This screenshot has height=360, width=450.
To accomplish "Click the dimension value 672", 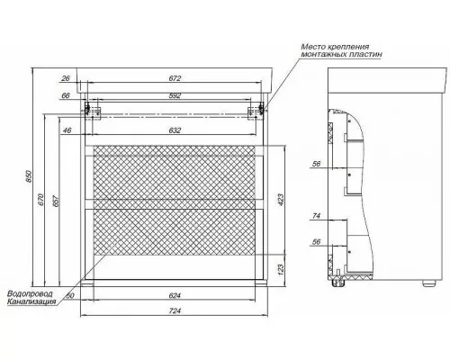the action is click(x=175, y=78).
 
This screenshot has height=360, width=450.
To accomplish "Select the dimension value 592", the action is click(x=175, y=95).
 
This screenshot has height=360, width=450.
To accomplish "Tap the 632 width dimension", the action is click(x=175, y=130).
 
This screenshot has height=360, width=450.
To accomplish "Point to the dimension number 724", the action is click(x=175, y=310).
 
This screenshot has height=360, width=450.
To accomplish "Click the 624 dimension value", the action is click(x=175, y=296).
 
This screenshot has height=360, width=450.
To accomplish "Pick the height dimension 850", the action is click(x=29, y=176).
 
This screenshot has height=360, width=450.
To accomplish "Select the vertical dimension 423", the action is click(x=281, y=200).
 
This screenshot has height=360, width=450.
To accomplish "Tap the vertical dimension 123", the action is click(x=281, y=269).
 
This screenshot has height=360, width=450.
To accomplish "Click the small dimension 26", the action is click(x=66, y=78).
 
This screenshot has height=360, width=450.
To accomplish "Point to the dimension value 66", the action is click(x=66, y=95).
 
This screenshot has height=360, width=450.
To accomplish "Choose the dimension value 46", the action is click(x=67, y=130).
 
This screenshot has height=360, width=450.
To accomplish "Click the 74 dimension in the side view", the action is click(x=317, y=216).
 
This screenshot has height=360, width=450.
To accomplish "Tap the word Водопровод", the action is click(x=30, y=293).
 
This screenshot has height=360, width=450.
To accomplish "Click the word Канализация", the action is click(x=31, y=301).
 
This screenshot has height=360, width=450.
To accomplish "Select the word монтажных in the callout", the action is click(x=320, y=54).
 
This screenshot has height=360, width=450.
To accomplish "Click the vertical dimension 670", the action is click(x=41, y=200).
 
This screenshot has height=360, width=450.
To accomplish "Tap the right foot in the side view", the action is click(x=428, y=283).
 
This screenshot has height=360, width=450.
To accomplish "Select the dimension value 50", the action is click(x=70, y=296).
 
